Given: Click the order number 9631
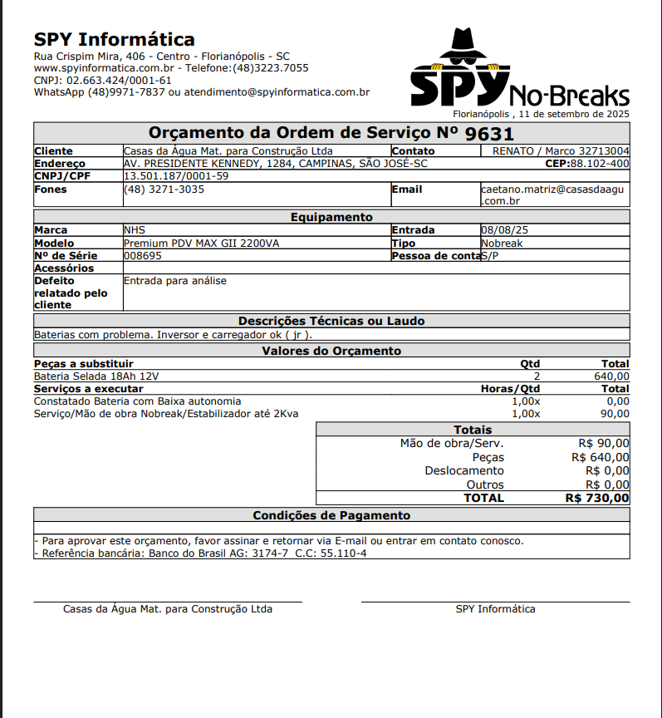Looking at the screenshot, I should click(489, 134).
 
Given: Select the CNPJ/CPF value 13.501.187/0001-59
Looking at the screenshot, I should click(175, 176).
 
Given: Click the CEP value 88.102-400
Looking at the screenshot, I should click(600, 164).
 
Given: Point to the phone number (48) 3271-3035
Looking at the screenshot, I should click(164, 189).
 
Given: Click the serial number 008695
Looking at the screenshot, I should click(142, 256).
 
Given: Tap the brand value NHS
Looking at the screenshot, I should click(134, 230).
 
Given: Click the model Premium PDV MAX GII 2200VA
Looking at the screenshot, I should click(201, 243).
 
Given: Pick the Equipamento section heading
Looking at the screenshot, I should click(331, 217).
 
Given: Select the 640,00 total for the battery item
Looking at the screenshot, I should click(612, 376).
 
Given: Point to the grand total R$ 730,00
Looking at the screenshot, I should click(596, 498).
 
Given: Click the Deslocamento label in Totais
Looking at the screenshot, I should click(463, 471).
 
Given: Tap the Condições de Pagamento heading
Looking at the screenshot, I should click(331, 516).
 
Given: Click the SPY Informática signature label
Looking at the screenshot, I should click(495, 609).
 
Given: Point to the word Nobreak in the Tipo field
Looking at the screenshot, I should click(502, 243).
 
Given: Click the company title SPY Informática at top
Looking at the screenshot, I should click(115, 40).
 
